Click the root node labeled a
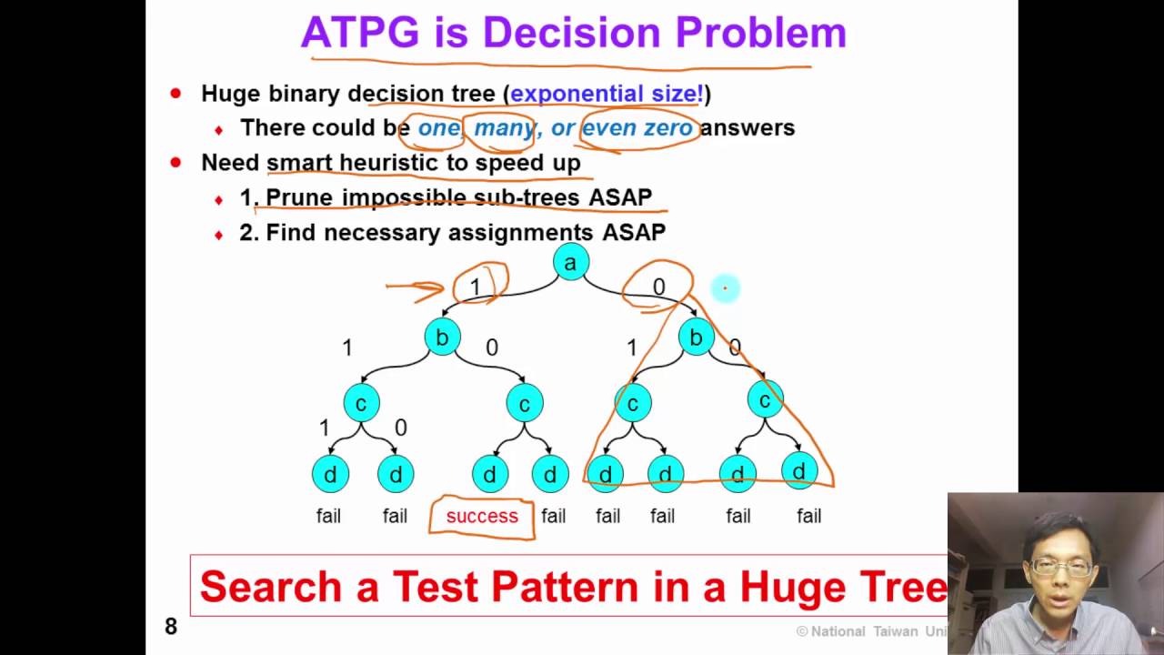coord(570,263)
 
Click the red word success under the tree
coord(481,516)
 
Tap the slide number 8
coord(171,626)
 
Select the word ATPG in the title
coord(360,34)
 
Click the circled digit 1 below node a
coord(475,287)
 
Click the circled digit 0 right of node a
coord(658,287)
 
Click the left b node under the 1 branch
coord(442,338)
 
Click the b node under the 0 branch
coord(696,338)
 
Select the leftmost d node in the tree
coord(330,474)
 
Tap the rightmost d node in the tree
coord(798,471)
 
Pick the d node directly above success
coord(489,474)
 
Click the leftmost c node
coord(361,403)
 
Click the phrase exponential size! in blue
coord(607,94)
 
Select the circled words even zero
coord(637,128)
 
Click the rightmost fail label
coord(808,516)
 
